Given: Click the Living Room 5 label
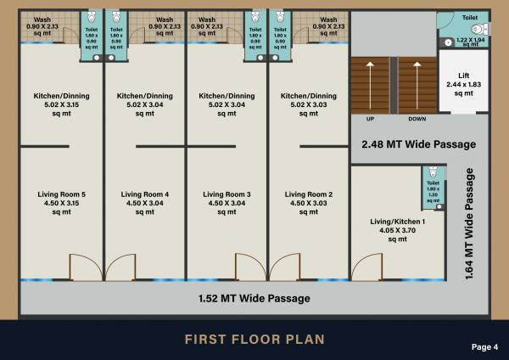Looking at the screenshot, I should tap(61, 203).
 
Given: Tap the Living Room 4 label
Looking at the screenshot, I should tap(144, 203).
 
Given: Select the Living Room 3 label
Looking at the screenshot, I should tap(227, 203).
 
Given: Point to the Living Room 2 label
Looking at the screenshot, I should tap(309, 203).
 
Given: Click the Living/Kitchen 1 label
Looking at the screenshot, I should tap(392, 230).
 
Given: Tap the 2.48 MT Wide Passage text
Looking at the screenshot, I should tap(418, 144).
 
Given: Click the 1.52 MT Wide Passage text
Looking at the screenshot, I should tap(254, 298).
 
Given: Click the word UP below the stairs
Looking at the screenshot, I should tap(370, 119).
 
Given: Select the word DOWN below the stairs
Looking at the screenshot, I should tap(417, 119).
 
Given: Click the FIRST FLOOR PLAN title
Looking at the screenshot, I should tap(255, 340).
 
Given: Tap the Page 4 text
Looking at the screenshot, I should tap(484, 346).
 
